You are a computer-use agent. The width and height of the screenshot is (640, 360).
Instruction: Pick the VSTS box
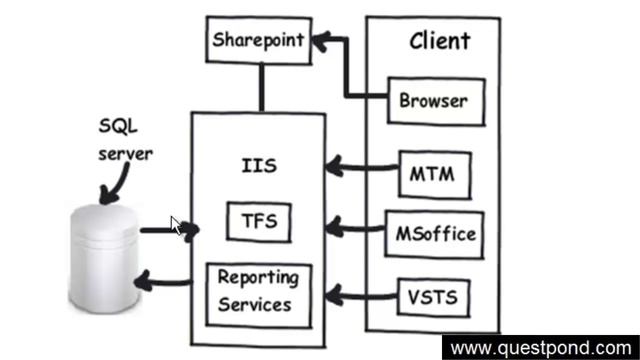pyautogui.click(x=433, y=296)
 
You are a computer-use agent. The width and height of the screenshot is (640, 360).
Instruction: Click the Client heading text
pyautogui.click(x=439, y=41)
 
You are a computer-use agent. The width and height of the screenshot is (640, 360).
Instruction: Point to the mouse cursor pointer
pyautogui.click(x=175, y=224)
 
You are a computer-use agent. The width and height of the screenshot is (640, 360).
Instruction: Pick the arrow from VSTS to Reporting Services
pyautogui.click(x=360, y=293)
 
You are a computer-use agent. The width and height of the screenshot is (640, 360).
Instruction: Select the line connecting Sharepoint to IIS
pyautogui.click(x=262, y=87)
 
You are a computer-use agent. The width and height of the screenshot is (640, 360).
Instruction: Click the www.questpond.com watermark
pyautogui.click(x=540, y=348)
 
